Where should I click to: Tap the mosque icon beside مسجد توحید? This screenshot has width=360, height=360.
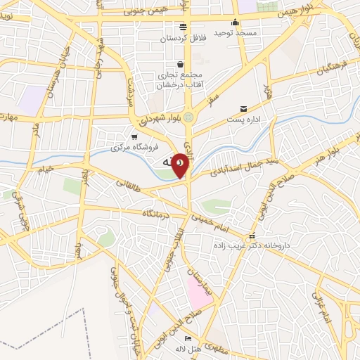coord(235,21)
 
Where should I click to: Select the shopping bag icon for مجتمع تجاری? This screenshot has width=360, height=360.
coord(180,64)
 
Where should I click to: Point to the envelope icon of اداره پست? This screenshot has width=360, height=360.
coord(243,108)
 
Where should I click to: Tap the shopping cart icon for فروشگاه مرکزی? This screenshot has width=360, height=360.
coord(134,136)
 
